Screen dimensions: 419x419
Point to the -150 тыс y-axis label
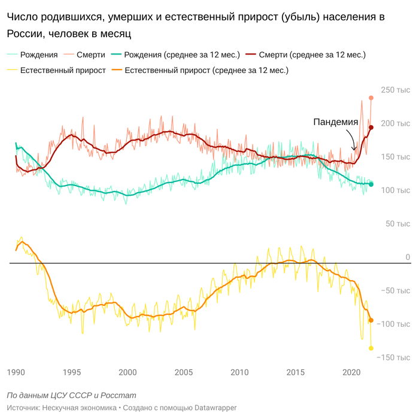click(394, 357)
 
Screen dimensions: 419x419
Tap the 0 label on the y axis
click(408, 257)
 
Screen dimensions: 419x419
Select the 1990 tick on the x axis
click(16, 372)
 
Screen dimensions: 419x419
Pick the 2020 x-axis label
click(351, 372)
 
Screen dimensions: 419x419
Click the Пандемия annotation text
click(336, 122)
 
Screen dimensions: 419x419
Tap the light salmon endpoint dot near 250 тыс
click(371, 98)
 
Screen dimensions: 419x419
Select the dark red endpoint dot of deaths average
click(371, 127)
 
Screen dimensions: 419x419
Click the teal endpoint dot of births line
click(371, 184)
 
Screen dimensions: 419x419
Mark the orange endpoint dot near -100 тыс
click(371, 320)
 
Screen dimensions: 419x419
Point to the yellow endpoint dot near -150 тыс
click(371, 348)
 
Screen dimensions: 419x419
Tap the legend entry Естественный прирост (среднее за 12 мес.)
click(207, 70)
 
